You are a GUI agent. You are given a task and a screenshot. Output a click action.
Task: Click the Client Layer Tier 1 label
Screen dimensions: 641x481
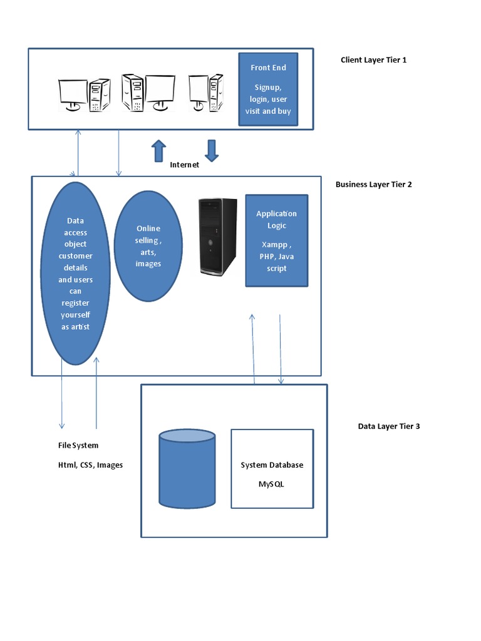(x=373, y=60)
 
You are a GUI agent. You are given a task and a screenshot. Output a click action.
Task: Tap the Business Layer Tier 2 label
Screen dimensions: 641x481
(x=373, y=185)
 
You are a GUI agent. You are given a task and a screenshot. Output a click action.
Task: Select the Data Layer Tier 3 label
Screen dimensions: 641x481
(x=389, y=426)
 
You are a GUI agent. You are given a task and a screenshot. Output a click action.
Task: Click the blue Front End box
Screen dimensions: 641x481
(x=268, y=88)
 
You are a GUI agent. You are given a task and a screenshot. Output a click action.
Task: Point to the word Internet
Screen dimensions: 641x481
(x=185, y=165)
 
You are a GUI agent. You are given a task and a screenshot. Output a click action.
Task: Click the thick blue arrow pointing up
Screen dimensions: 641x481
(x=159, y=150)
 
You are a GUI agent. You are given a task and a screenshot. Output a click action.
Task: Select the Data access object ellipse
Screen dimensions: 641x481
(x=75, y=273)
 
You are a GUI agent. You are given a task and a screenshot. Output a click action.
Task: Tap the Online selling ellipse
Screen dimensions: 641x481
(x=148, y=245)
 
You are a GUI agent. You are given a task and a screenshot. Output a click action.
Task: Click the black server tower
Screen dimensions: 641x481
(x=218, y=237)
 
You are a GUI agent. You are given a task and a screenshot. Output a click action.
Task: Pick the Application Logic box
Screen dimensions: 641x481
(x=276, y=240)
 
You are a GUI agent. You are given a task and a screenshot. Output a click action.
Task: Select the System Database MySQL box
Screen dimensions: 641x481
(x=272, y=468)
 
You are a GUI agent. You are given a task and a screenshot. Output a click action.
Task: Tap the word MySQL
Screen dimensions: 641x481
(x=272, y=484)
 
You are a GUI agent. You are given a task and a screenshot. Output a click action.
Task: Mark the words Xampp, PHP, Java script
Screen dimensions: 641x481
(x=276, y=256)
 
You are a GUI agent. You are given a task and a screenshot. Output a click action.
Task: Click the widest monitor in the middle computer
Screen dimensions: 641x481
(x=160, y=91)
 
